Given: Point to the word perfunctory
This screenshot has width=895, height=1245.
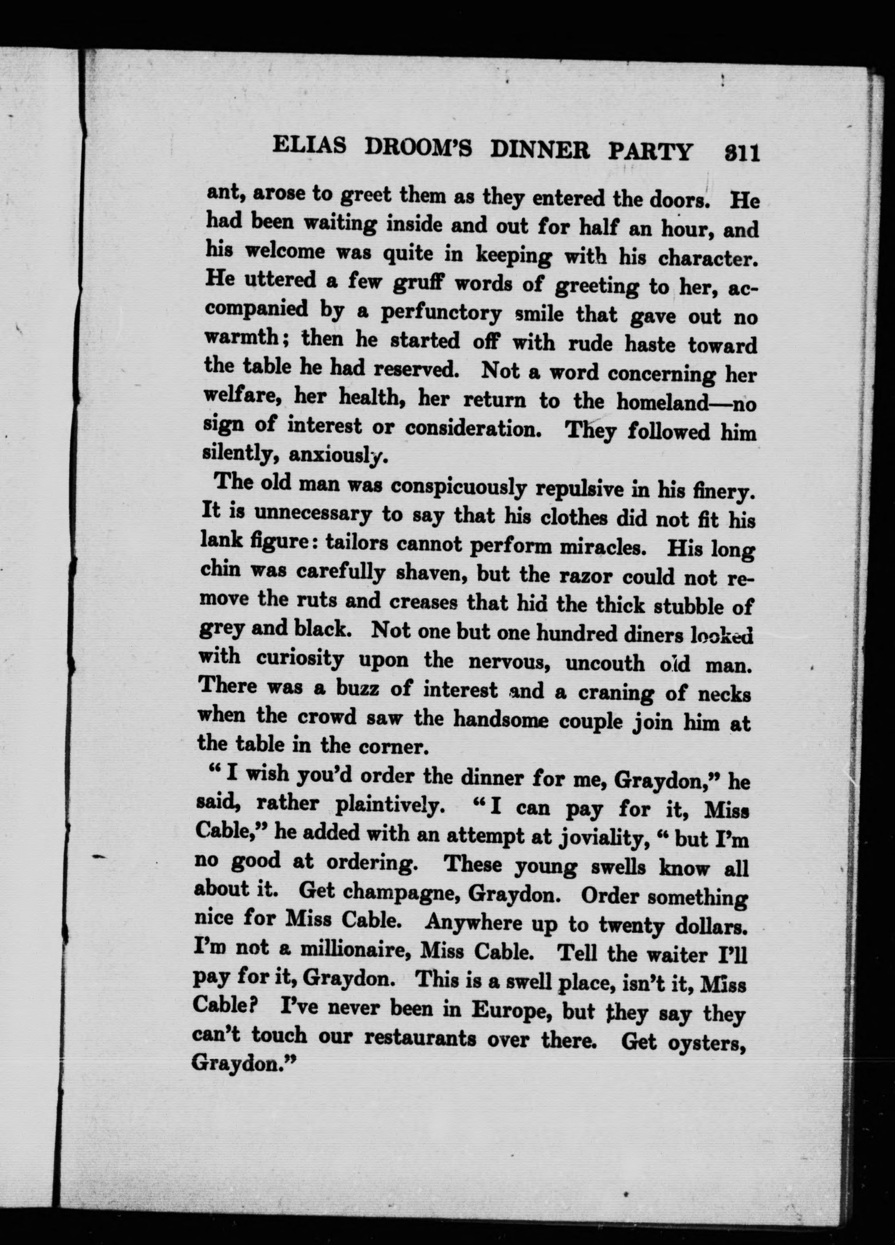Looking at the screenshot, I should click(441, 314).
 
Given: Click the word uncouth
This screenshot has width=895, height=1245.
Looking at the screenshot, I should click(604, 663).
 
